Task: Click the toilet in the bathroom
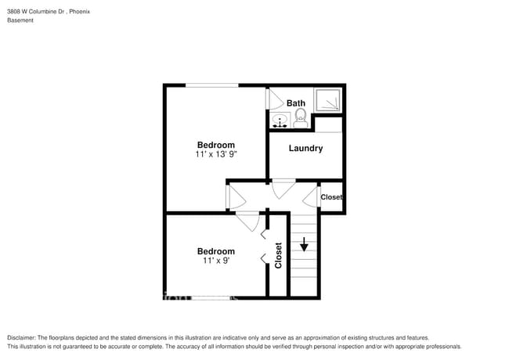click(299, 119)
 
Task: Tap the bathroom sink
click(280, 121)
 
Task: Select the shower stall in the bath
click(328, 99)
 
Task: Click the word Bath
click(296, 103)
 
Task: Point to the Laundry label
click(305, 148)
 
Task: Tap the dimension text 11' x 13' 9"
click(216, 155)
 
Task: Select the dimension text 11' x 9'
click(216, 261)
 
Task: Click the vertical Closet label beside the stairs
click(278, 255)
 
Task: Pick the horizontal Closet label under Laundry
click(331, 197)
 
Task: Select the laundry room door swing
click(283, 187)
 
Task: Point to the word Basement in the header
click(20, 20)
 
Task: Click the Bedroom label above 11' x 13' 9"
click(215, 145)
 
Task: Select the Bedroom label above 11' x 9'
click(215, 251)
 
